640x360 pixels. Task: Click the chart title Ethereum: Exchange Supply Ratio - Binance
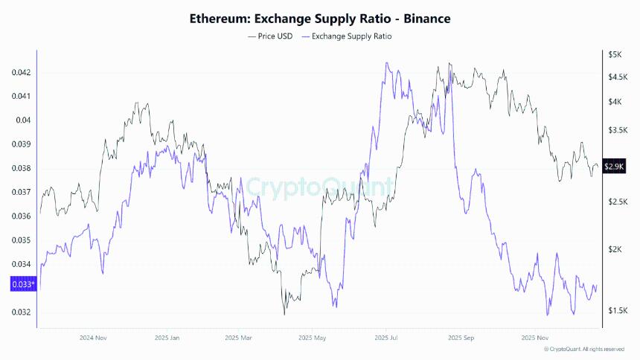point(319,18)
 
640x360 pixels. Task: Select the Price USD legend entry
point(272,36)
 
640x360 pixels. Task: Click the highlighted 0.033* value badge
point(22,284)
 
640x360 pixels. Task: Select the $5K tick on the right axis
point(614,55)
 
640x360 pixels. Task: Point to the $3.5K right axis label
point(617,130)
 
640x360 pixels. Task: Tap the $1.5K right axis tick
point(617,310)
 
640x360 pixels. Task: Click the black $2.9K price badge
point(614,167)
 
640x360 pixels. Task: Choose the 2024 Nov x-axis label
point(94,337)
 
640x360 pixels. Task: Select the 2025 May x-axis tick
point(313,337)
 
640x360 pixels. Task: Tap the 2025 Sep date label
point(458,337)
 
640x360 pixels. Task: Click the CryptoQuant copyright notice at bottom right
point(583,349)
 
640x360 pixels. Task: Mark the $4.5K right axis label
point(617,77)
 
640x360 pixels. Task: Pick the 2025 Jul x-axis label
point(386,337)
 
